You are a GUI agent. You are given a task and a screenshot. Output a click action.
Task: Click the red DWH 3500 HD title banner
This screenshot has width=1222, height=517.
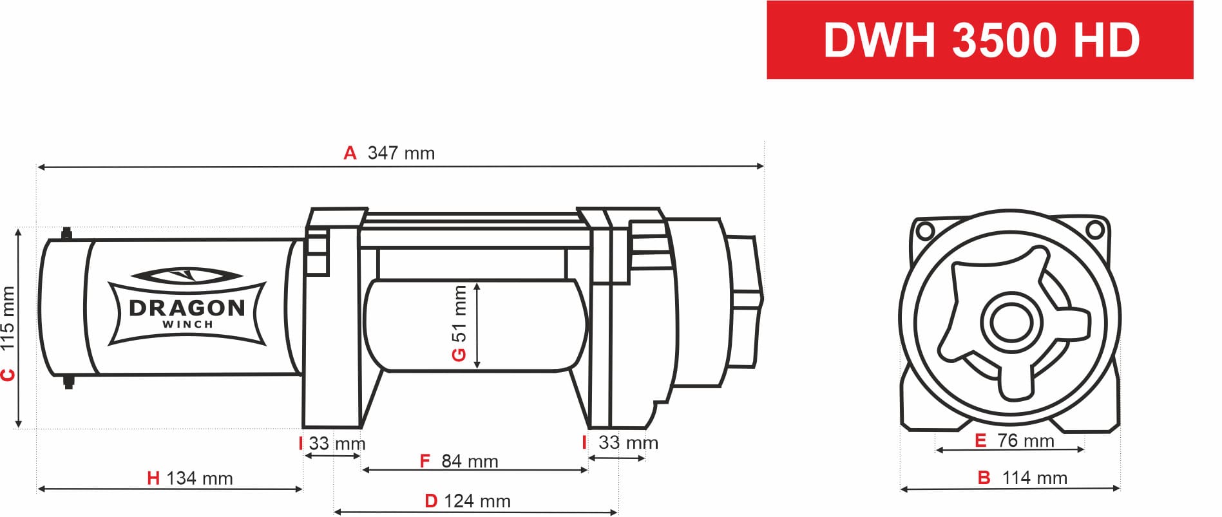coord(979,40)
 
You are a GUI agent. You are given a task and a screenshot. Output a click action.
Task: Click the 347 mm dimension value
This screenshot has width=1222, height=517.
coord(401,153)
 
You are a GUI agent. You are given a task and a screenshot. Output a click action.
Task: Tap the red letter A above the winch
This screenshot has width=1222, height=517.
coord(350,153)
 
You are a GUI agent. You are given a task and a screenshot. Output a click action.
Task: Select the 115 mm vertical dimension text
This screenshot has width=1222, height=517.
coord(8,319)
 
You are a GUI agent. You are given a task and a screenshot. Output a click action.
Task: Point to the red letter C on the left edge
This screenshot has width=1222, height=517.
coord(8,375)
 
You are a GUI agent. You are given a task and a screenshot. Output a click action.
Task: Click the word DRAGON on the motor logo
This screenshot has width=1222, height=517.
coord(187,308)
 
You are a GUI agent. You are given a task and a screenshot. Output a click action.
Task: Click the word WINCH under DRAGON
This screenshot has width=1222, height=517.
coord(187,324)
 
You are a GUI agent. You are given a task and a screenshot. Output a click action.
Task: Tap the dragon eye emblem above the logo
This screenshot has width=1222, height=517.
coord(187,276)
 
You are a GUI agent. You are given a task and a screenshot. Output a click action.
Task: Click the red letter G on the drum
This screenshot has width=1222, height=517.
coord(459,355)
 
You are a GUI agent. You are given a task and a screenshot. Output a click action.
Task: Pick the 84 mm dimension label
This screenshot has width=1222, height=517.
coord(470,461)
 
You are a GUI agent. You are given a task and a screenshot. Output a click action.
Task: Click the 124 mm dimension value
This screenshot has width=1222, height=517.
coord(477,501)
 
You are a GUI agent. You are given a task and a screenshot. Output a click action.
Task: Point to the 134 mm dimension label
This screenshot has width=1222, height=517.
coord(199,478)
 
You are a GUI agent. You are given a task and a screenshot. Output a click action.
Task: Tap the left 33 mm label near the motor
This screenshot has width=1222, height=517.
coord(336,444)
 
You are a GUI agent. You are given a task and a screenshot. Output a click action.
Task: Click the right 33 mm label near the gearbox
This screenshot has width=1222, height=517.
coord(627,443)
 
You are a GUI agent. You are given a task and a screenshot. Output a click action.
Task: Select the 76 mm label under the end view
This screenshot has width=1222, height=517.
coord(1025,441)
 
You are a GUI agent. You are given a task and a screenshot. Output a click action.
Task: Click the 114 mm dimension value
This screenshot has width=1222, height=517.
coord(1034,478)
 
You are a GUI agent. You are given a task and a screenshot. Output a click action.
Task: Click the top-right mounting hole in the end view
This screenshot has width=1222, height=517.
coord(1094,229)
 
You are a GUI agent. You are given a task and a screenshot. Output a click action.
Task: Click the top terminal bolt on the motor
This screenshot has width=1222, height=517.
coord(66,234)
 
